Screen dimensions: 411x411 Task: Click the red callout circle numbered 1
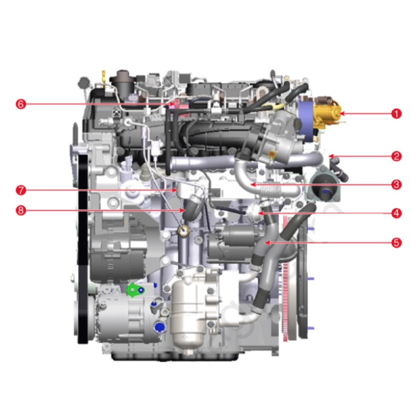click(396, 114)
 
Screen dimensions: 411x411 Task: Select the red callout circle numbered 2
click(396, 156)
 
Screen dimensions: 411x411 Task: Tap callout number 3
click(396, 184)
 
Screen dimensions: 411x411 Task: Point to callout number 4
click(396, 213)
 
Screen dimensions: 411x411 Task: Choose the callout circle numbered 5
click(396, 242)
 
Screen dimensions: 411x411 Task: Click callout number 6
click(21, 104)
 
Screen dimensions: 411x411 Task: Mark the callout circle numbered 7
click(21, 190)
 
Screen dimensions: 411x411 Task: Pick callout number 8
click(21, 210)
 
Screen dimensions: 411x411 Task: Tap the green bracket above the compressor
click(135, 289)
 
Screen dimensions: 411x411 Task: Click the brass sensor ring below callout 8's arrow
click(184, 231)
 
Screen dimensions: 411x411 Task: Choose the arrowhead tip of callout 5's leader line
click(266, 242)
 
